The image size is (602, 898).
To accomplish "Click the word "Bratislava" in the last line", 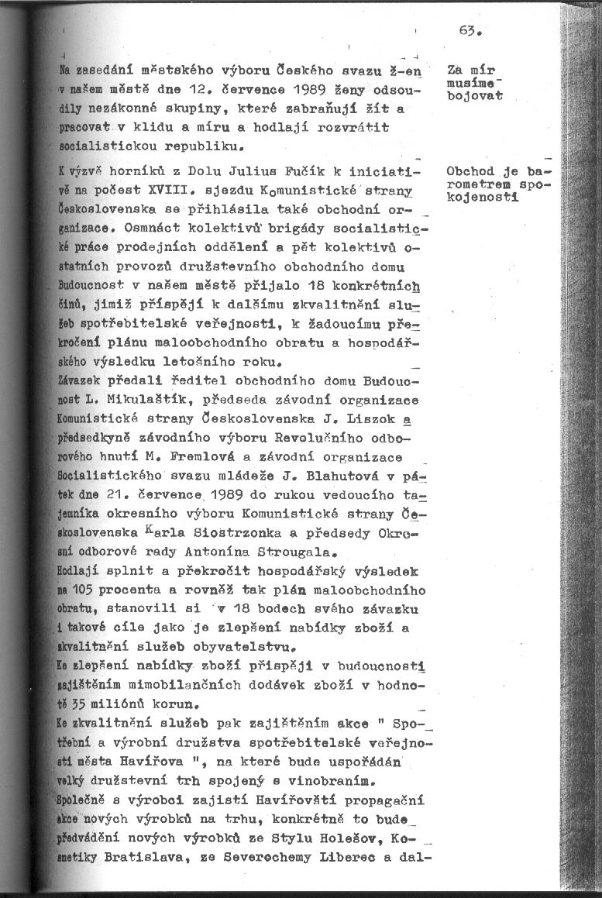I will [x=146, y=858].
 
